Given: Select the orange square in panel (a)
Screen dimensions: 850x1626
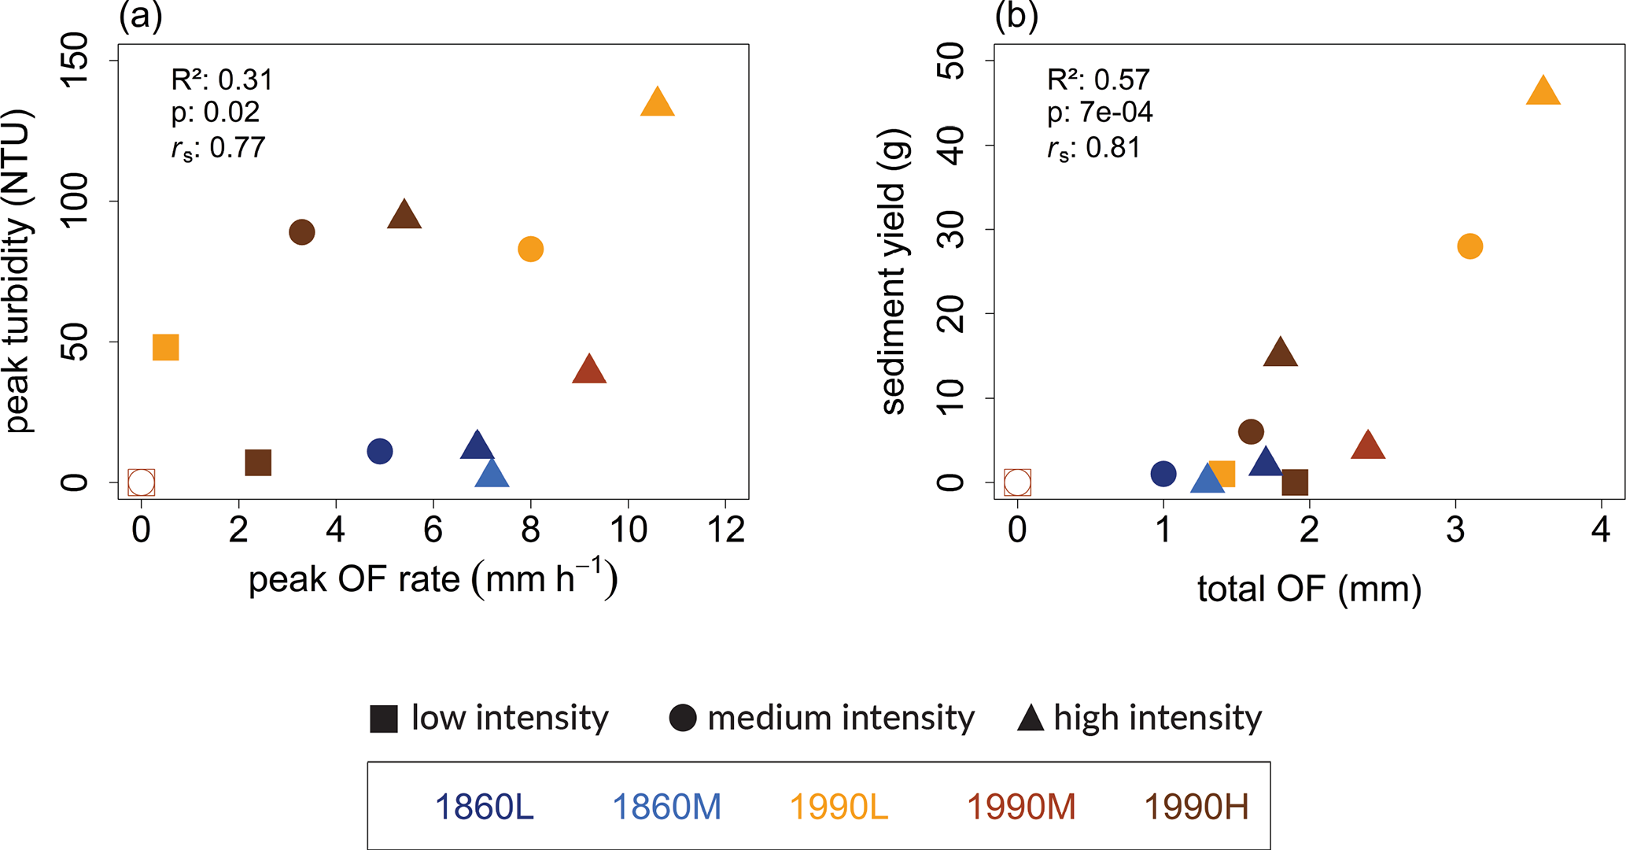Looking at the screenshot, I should pyautogui.click(x=166, y=347).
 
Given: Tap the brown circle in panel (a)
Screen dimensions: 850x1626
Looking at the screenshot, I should pyautogui.click(x=302, y=232).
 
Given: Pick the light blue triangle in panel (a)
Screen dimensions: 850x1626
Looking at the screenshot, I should pyautogui.click(x=492, y=475).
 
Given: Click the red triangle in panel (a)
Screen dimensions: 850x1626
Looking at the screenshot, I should pyautogui.click(x=589, y=370).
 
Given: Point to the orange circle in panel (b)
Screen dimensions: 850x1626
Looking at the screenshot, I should pyautogui.click(x=1469, y=246).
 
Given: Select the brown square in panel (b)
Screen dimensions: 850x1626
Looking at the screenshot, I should pyautogui.click(x=1295, y=482).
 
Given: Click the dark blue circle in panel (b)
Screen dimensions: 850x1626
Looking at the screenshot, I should pyautogui.click(x=1163, y=474).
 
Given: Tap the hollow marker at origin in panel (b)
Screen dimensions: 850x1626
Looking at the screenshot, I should pyautogui.click(x=1017, y=482).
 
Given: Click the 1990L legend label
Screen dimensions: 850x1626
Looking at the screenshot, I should pyautogui.click(x=839, y=807).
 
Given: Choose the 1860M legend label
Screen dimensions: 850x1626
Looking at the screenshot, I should pyautogui.click(x=666, y=807).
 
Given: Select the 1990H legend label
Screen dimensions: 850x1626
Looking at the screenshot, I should pyautogui.click(x=1196, y=807).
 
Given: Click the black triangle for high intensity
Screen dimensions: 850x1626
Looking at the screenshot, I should pyautogui.click(x=1031, y=719).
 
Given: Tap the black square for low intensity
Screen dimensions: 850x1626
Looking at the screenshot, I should pyautogui.click(x=384, y=719).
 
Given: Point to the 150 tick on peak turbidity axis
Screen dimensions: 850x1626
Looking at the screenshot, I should pyautogui.click(x=76, y=61).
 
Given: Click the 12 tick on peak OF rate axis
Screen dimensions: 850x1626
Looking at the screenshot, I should pyautogui.click(x=725, y=530).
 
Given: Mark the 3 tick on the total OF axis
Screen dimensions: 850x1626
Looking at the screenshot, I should pyautogui.click(x=1455, y=530).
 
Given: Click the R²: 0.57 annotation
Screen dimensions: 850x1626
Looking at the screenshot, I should pyautogui.click(x=1098, y=79).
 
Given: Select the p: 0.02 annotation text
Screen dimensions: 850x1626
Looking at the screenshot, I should pyautogui.click(x=216, y=113).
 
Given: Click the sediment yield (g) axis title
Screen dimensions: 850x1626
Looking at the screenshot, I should pyautogui.click(x=894, y=272).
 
